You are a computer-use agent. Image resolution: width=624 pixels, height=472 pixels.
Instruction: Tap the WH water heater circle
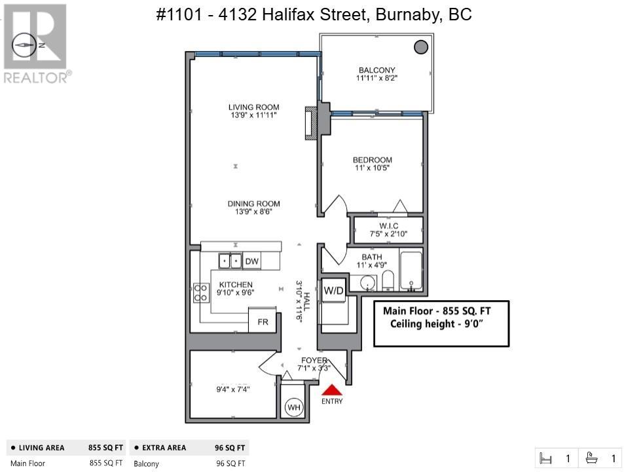(294, 408)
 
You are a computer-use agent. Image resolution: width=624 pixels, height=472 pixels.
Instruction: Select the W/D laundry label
(333, 290)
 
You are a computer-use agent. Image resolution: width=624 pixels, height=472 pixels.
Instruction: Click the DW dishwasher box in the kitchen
(252, 262)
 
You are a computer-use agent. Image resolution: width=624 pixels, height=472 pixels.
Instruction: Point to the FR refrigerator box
(262, 323)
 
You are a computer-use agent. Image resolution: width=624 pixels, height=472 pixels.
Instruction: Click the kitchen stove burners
(200, 292)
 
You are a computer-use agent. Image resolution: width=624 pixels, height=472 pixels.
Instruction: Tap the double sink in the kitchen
(230, 261)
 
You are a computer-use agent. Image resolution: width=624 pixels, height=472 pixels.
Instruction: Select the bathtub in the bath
(411, 269)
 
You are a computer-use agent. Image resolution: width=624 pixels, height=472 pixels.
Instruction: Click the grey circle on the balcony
(421, 47)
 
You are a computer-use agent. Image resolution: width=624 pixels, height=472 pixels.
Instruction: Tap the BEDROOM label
(372, 160)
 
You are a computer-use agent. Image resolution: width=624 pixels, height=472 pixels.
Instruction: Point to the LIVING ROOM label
(253, 108)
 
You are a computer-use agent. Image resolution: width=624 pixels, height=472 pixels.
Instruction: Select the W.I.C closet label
(388, 226)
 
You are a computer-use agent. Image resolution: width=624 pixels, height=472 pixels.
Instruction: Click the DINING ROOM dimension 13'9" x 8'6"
(253, 212)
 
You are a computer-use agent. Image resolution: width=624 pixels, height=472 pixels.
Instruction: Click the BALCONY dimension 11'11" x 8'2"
(376, 79)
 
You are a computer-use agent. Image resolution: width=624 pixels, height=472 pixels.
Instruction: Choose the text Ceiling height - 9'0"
(441, 324)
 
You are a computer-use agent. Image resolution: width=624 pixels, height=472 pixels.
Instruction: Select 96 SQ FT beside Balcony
(230, 463)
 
